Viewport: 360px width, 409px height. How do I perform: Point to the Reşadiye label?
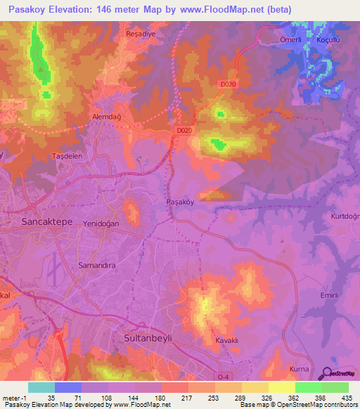(x=139, y=33)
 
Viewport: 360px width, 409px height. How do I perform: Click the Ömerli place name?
(x=291, y=40)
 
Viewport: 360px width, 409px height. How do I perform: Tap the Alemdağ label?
(x=107, y=117)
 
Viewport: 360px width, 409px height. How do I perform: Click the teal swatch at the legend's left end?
(x=41, y=387)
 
